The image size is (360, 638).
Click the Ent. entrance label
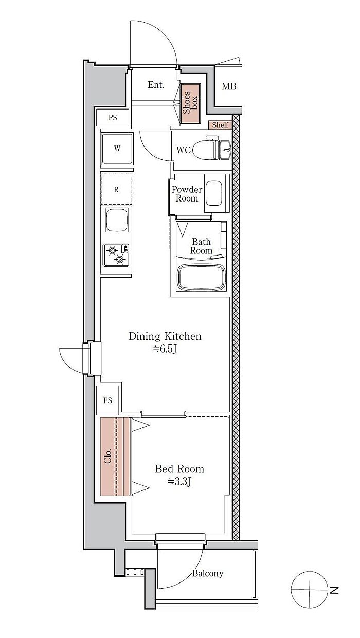coord(156,85)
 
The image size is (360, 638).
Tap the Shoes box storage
coord(191,103)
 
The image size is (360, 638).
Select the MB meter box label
coord(229,86)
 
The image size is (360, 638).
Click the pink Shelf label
coord(220,125)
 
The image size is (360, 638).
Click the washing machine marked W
coord(117,149)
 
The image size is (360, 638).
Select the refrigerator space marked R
coord(116,189)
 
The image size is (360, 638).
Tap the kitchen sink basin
coord(117,220)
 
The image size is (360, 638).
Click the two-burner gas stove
coord(116,255)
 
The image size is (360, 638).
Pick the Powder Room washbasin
coord(214,193)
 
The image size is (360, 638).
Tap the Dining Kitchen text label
coord(165,336)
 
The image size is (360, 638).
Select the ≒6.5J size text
coord(165,349)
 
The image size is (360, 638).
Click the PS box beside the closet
coord(108,400)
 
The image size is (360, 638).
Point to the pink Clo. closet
coord(115,457)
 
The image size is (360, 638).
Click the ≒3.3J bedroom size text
coord(179,482)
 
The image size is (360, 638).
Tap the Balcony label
coord(207,573)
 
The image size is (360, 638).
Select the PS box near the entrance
coord(113,117)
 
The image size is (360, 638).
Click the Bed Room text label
coord(179,469)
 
